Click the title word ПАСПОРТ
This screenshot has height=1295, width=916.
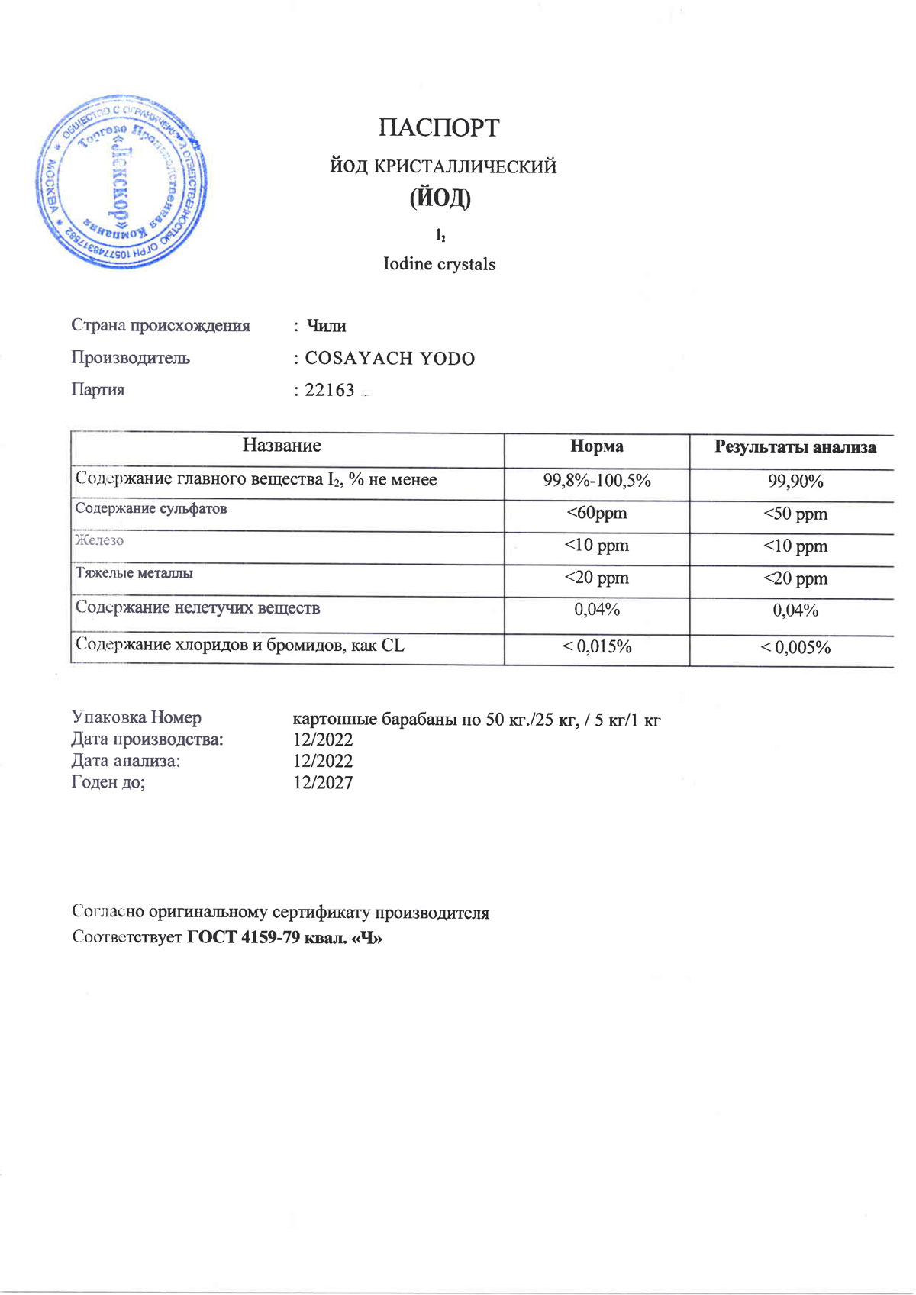(x=439, y=127)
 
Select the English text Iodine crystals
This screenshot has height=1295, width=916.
(x=439, y=264)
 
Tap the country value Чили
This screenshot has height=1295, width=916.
(x=326, y=326)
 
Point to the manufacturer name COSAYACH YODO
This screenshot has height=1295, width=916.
(x=389, y=359)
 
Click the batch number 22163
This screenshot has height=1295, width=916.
(x=330, y=390)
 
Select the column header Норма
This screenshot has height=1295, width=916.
(x=596, y=446)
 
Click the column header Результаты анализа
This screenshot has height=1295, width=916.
(x=795, y=447)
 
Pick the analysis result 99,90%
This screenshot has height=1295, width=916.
(x=795, y=482)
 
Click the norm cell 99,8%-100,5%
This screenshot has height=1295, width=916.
(x=596, y=481)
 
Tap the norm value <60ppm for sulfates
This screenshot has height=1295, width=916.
(x=596, y=514)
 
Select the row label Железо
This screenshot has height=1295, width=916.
(x=99, y=540)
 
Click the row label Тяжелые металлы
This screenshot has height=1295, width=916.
(x=134, y=572)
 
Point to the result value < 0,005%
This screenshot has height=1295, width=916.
(x=795, y=648)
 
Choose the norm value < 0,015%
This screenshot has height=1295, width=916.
(x=596, y=647)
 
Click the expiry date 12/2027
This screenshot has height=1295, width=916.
(x=323, y=782)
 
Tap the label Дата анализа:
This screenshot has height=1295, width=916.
(x=126, y=761)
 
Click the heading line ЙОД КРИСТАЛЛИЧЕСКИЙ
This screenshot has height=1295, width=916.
(x=443, y=166)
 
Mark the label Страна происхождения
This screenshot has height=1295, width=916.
(x=160, y=326)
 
